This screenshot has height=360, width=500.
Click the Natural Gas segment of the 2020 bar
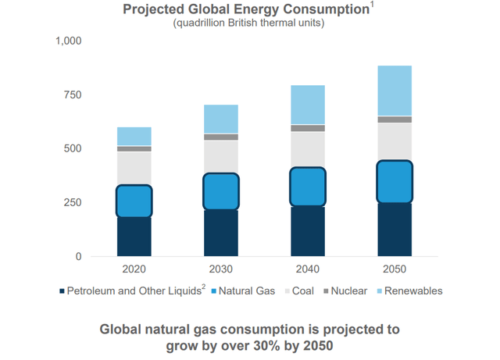134,201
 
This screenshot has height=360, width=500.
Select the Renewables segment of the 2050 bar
395,91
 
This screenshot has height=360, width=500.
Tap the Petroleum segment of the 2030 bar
221,233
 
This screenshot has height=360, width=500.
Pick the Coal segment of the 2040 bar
308,149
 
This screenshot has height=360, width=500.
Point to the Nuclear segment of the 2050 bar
395,119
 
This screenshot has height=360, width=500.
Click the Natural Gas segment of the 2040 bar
308,187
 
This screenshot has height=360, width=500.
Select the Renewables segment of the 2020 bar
134,136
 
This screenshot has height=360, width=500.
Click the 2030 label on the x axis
221,269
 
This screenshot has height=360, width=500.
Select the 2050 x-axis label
395,269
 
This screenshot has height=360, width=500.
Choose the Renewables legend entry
412,291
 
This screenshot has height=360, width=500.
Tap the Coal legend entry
303,291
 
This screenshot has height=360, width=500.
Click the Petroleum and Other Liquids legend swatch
62,292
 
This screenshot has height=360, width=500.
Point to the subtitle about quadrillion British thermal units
248,23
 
